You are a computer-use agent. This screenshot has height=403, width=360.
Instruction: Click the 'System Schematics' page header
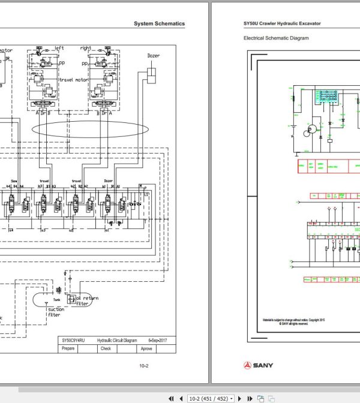pyautogui.click(x=160, y=24)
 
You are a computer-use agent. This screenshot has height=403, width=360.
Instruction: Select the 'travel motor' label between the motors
pyautogui.click(x=74, y=79)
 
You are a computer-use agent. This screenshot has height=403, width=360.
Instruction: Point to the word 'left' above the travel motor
pyautogui.click(x=59, y=47)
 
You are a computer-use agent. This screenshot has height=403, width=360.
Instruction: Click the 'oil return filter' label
pyautogui.click(x=82, y=301)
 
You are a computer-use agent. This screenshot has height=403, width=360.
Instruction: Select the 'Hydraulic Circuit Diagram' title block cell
pyautogui.click(x=118, y=340)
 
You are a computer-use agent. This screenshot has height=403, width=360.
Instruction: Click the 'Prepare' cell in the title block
pyautogui.click(x=68, y=348)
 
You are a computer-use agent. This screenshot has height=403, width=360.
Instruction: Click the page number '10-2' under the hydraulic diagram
pyautogui.click(x=144, y=366)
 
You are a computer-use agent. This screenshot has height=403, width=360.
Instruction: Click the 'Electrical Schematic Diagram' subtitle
pyautogui.click(x=276, y=38)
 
